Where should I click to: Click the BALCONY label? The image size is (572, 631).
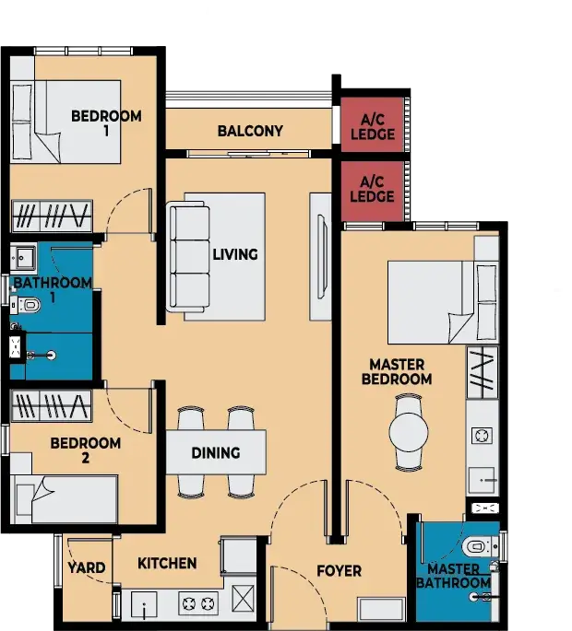[x=250, y=131]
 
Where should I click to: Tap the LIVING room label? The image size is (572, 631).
[x=235, y=254]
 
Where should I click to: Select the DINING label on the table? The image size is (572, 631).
[x=216, y=452]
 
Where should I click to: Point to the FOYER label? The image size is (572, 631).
[x=339, y=570]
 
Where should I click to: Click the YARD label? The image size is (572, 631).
[x=87, y=567]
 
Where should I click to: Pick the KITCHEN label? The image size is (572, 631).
[x=167, y=564]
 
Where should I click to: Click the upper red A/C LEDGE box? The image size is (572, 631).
[x=373, y=124]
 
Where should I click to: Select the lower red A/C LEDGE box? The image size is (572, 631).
[x=373, y=191]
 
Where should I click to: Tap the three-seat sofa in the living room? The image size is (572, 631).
[x=188, y=258]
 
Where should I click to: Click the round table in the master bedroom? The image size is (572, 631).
[x=409, y=432]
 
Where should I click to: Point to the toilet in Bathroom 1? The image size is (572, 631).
[x=26, y=305]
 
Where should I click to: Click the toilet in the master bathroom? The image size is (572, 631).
[x=480, y=546]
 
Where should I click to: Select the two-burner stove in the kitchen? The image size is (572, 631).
[x=198, y=603]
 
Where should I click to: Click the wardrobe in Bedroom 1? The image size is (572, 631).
[x=52, y=216]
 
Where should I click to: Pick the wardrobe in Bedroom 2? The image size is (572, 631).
[x=51, y=405]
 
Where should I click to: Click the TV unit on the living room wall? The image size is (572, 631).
[x=320, y=257]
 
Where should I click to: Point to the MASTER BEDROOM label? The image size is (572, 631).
[x=397, y=372]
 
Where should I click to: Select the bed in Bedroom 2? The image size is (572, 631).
[x=64, y=499]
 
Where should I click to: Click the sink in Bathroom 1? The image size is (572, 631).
[x=22, y=257]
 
